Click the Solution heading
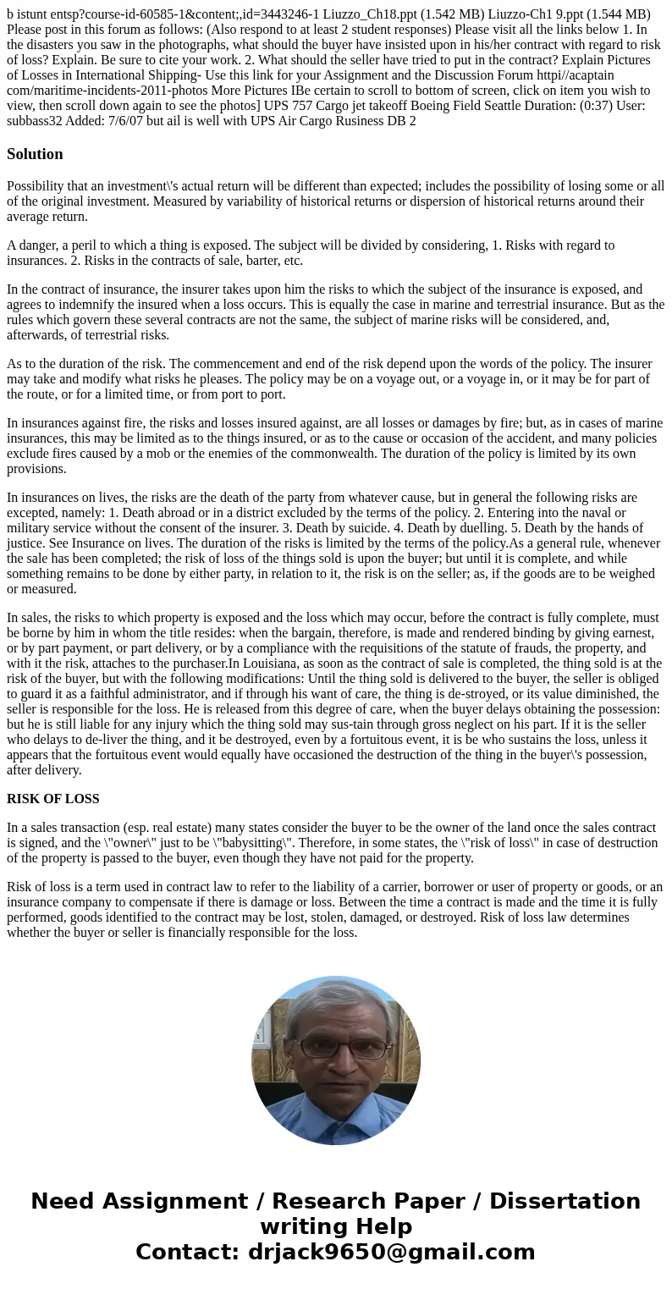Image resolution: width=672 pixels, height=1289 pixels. tap(35, 154)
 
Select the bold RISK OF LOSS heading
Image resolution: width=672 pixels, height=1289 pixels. tap(52, 799)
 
